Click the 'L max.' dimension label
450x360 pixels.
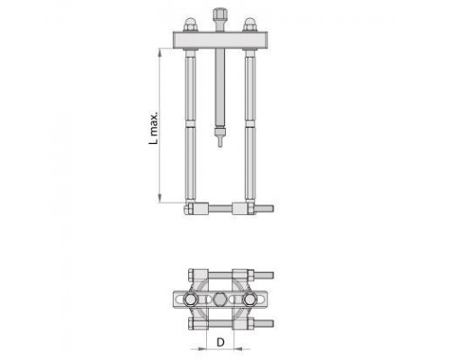(153, 129)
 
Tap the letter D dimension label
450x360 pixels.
(220, 342)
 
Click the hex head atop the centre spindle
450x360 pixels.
(220, 14)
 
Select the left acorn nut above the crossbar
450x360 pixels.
(190, 24)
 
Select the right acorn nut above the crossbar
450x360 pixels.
(249, 24)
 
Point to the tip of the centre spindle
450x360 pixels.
(220, 146)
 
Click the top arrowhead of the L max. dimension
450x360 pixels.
(160, 49)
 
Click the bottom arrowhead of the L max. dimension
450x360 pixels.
(160, 201)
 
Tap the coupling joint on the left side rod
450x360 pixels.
(190, 123)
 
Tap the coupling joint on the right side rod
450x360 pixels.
(249, 123)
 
